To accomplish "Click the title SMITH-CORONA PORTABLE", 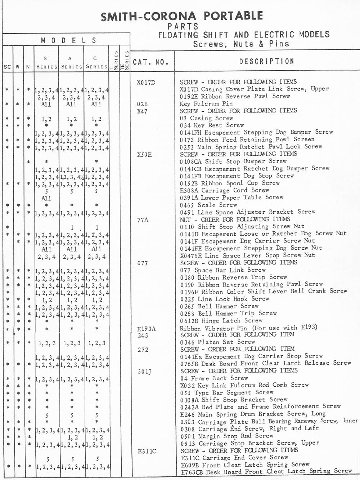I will tap(182, 16).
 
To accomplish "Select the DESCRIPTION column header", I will tap(266, 62).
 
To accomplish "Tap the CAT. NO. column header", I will tap(151, 62).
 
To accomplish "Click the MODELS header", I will tap(68, 40).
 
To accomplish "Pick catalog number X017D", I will tap(146, 83).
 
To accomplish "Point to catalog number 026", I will tap(143, 104).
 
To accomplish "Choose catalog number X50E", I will tap(144, 155).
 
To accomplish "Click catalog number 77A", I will tap(143, 220).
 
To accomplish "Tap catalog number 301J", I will tap(144, 372).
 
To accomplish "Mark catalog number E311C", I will tap(147, 451).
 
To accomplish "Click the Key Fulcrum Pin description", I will tap(206, 104).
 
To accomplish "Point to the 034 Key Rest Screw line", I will tap(212, 125).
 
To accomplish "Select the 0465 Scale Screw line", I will tap(208, 205).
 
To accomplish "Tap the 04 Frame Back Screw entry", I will tap(214, 378).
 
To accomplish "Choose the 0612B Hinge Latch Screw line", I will tap(221, 320).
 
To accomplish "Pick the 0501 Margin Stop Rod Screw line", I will tap(226, 436).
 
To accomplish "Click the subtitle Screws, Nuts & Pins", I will tap(241, 44).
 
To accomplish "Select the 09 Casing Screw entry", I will tap(206, 118).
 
